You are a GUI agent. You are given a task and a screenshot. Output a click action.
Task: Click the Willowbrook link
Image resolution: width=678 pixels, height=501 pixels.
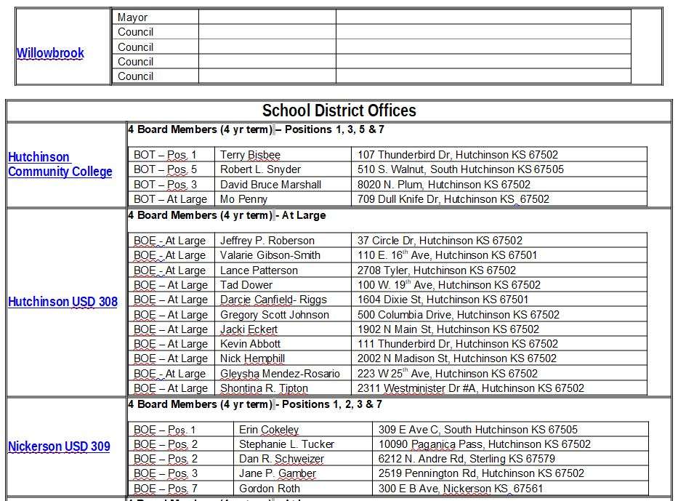coord(50,53)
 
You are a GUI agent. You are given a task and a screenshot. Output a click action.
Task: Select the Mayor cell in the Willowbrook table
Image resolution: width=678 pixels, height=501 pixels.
coord(132,17)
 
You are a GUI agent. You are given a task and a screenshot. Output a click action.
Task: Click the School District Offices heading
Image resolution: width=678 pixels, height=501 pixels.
coord(339,111)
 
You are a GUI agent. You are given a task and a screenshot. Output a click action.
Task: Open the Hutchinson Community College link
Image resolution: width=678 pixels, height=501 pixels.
coord(60,164)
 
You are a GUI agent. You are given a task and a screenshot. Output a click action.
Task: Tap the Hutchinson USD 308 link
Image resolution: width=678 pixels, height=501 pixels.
coord(62,302)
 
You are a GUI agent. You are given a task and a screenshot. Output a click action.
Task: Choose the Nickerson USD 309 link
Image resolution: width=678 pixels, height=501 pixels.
coord(59,446)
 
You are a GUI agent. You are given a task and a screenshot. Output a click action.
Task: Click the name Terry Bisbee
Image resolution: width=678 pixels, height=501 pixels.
coord(250,155)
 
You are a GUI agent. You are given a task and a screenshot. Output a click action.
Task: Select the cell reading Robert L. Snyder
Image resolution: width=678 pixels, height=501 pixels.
coord(260,169)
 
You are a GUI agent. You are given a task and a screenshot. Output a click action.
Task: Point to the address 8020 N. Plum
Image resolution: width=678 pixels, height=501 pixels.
coord(443,185)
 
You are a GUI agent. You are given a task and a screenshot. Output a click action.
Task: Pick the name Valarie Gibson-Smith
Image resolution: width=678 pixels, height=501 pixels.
coord(270,255)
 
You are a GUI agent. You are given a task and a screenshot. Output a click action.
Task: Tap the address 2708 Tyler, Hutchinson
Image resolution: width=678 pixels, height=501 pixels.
coord(436,270)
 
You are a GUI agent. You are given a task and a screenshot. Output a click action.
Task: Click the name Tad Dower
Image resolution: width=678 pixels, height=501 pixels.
coord(246,285)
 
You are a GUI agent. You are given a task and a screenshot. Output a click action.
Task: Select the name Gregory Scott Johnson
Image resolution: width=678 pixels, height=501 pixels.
coord(274,315)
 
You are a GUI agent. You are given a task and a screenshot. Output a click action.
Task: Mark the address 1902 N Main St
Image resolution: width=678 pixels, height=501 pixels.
coord(448,329)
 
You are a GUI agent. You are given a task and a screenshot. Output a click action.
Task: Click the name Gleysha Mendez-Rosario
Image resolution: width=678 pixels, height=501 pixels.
coord(280,374)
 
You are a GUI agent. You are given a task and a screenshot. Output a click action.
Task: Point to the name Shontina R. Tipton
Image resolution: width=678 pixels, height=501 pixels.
coord(264,388)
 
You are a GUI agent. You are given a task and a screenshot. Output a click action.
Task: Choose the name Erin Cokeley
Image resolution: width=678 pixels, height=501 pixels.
coord(269,430)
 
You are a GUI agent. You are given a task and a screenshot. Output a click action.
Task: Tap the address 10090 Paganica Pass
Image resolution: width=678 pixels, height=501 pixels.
coord(484,444)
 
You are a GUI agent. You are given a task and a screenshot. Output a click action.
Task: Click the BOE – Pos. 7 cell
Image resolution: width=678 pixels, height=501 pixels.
coord(165,489)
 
